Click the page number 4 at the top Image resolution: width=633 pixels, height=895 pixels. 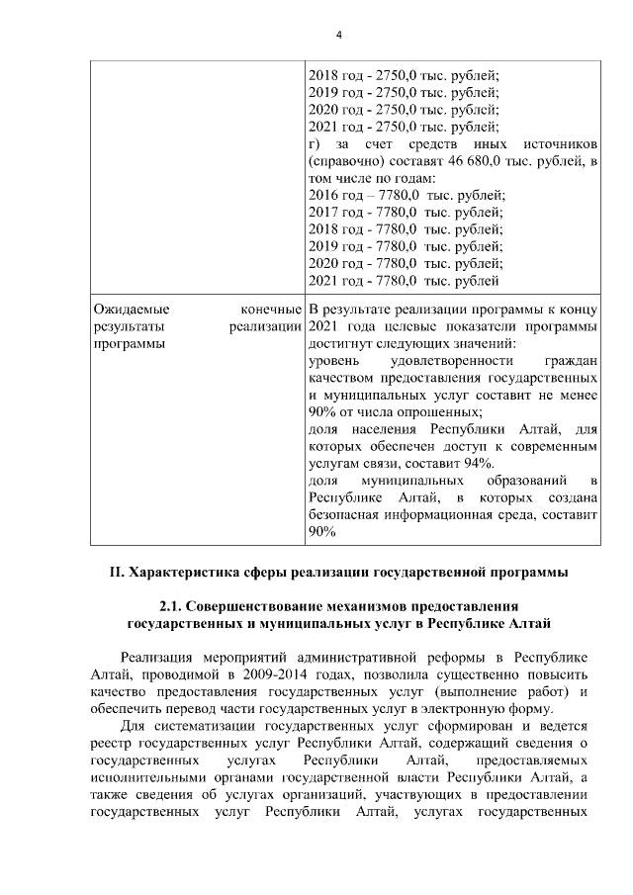click(x=338, y=36)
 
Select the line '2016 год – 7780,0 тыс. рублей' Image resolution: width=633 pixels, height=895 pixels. click(x=407, y=195)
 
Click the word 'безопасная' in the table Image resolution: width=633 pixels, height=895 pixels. click(x=345, y=515)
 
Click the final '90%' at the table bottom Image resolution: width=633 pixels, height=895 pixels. click(x=322, y=532)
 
